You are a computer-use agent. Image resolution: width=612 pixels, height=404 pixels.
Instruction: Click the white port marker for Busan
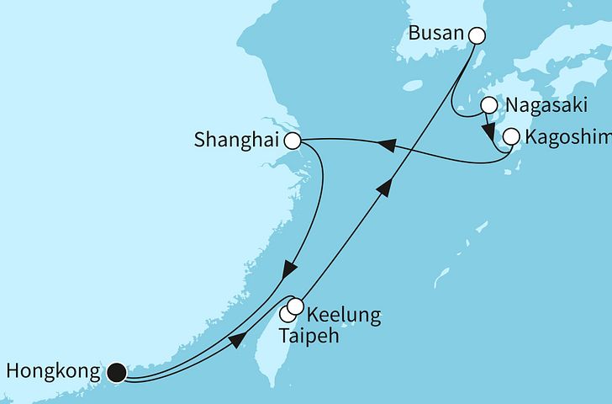click(x=477, y=35)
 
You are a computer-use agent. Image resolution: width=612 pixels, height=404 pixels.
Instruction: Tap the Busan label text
click(x=436, y=35)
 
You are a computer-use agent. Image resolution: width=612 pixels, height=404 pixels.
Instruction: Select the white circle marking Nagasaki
click(x=488, y=106)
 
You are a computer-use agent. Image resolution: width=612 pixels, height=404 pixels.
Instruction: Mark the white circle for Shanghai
click(x=293, y=141)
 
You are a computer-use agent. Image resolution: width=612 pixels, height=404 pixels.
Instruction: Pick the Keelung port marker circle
click(x=295, y=306)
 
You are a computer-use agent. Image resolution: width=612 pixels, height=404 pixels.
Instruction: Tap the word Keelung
click(x=344, y=316)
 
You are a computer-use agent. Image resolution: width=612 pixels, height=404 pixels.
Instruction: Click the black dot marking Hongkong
click(x=117, y=370)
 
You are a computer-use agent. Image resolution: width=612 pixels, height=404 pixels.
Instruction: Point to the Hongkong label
click(x=52, y=370)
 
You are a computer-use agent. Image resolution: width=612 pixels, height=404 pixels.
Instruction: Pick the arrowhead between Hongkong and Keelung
click(x=237, y=338)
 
